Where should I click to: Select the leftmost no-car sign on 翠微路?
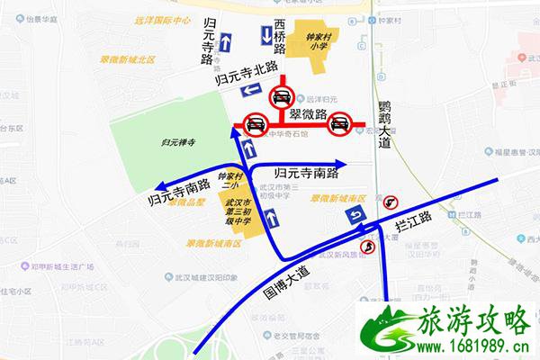(255, 126)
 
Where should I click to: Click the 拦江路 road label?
(418, 218)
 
